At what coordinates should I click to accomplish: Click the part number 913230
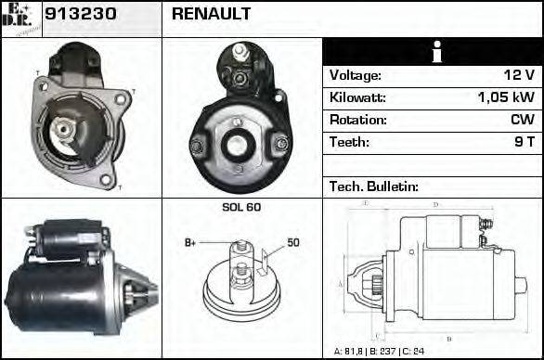[76, 15]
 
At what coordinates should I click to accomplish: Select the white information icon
[432, 52]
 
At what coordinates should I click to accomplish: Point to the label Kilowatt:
[357, 97]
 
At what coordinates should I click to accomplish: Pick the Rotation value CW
[522, 120]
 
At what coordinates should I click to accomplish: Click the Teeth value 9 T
[524, 142]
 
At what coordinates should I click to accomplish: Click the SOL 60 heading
[241, 207]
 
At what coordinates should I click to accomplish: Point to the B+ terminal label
[190, 243]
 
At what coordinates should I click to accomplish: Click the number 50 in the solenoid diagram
[292, 243]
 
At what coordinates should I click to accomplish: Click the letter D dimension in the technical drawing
[435, 205]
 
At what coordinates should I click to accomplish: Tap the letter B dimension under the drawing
[448, 338]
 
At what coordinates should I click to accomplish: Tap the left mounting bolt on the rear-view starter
[197, 146]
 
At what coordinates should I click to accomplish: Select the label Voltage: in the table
[355, 75]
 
